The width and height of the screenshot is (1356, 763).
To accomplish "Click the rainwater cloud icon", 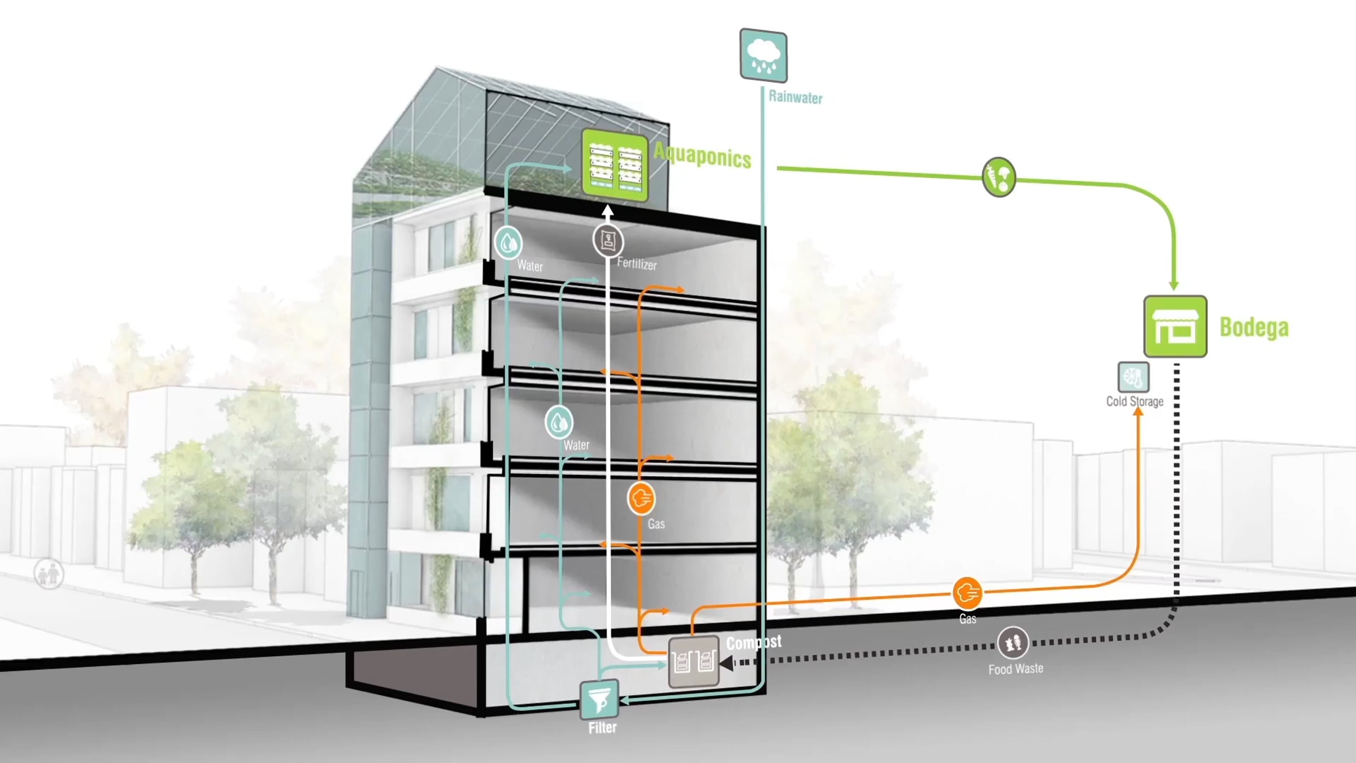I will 763,55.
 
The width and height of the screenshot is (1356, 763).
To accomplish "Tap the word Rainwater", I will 795,97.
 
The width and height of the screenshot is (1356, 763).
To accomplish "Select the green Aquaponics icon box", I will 614,165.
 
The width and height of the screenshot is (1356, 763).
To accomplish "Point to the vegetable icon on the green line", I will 999,177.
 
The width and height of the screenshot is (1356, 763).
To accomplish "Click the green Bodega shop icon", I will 1175,327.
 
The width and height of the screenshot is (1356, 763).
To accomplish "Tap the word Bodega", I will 1254,327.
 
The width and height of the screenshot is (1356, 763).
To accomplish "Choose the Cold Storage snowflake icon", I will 1133,377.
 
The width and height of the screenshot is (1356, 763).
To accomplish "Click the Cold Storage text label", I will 1135,401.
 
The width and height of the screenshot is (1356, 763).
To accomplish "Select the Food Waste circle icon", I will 1012,643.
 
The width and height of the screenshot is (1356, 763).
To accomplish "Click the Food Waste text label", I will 1015,669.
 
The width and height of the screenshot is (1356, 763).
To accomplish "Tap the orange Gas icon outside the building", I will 967,593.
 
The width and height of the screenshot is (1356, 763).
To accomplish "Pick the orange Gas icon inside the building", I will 641,498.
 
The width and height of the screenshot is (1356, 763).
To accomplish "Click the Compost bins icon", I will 693,662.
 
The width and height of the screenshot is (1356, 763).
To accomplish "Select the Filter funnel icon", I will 599,700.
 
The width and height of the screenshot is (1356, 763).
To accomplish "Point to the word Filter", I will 602,727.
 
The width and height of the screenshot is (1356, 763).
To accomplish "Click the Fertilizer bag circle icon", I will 608,241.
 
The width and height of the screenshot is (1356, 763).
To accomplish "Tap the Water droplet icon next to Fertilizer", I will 508,243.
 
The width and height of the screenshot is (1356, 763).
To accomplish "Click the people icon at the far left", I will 49,574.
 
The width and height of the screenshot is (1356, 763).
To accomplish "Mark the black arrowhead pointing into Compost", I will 727,663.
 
